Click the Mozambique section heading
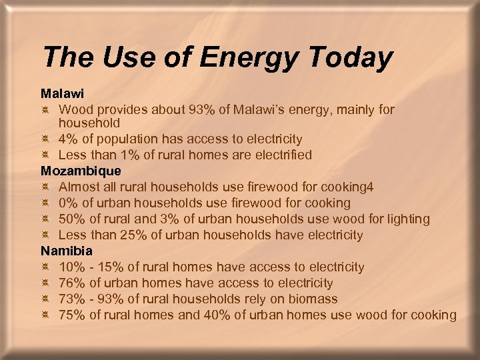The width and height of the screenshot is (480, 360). pyautogui.click(x=81, y=171)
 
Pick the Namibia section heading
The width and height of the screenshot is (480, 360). pyautogui.click(x=67, y=251)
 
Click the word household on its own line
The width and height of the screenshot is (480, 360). pyautogui.click(x=89, y=123)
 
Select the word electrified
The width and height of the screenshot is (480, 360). pyautogui.click(x=279, y=155)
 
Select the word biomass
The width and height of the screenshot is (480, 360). pyautogui.click(x=314, y=299)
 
